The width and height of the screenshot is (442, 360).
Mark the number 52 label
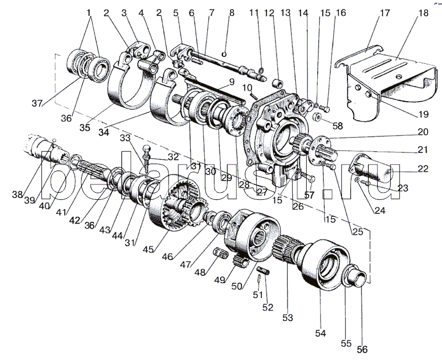click(x=267, y=307)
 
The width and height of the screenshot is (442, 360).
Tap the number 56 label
click(x=362, y=349)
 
